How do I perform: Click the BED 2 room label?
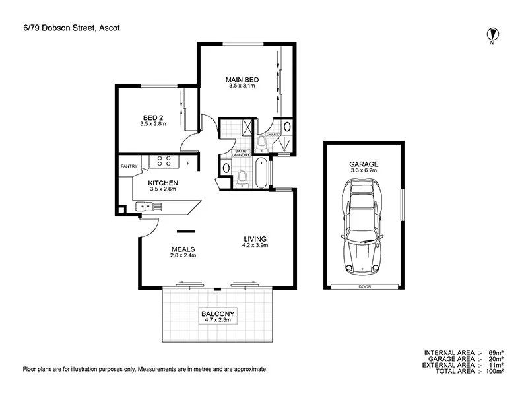click(x=152, y=117)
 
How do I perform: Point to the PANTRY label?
click(x=129, y=166)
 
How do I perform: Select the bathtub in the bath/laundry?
click(x=261, y=174)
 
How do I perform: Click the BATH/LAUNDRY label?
click(x=240, y=154)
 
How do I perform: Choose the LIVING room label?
click(x=254, y=239)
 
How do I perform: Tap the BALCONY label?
click(x=218, y=314)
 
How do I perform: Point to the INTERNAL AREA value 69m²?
click(x=496, y=353)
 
